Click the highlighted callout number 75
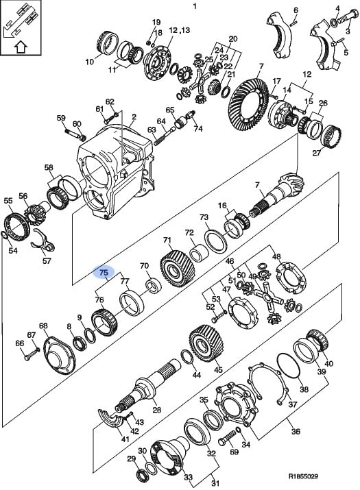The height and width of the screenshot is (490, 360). (104, 273)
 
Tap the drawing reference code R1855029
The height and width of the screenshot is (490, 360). (303, 476)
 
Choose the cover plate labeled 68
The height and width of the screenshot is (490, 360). (59, 355)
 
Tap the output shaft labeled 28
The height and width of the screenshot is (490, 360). (147, 387)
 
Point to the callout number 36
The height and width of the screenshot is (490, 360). (296, 431)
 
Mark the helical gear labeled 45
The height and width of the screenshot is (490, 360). (206, 343)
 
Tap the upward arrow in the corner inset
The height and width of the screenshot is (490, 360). (21, 47)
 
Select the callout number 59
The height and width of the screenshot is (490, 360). (61, 118)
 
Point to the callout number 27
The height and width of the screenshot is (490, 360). (317, 153)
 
